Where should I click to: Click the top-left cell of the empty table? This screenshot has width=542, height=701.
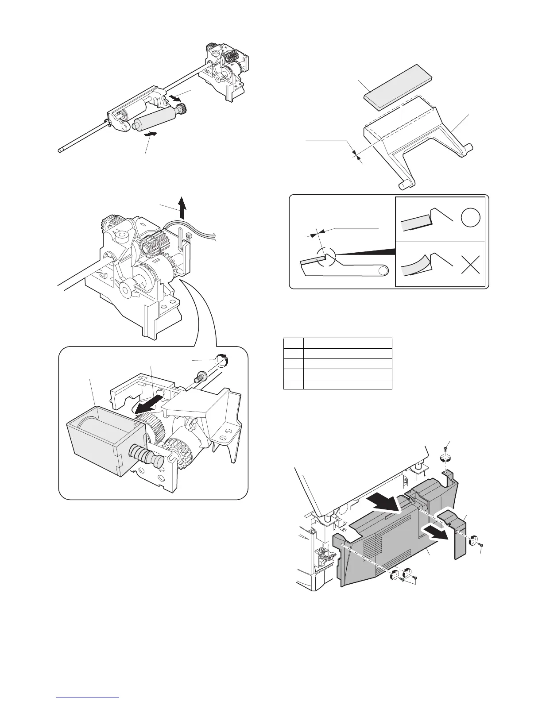pos(293,343)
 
